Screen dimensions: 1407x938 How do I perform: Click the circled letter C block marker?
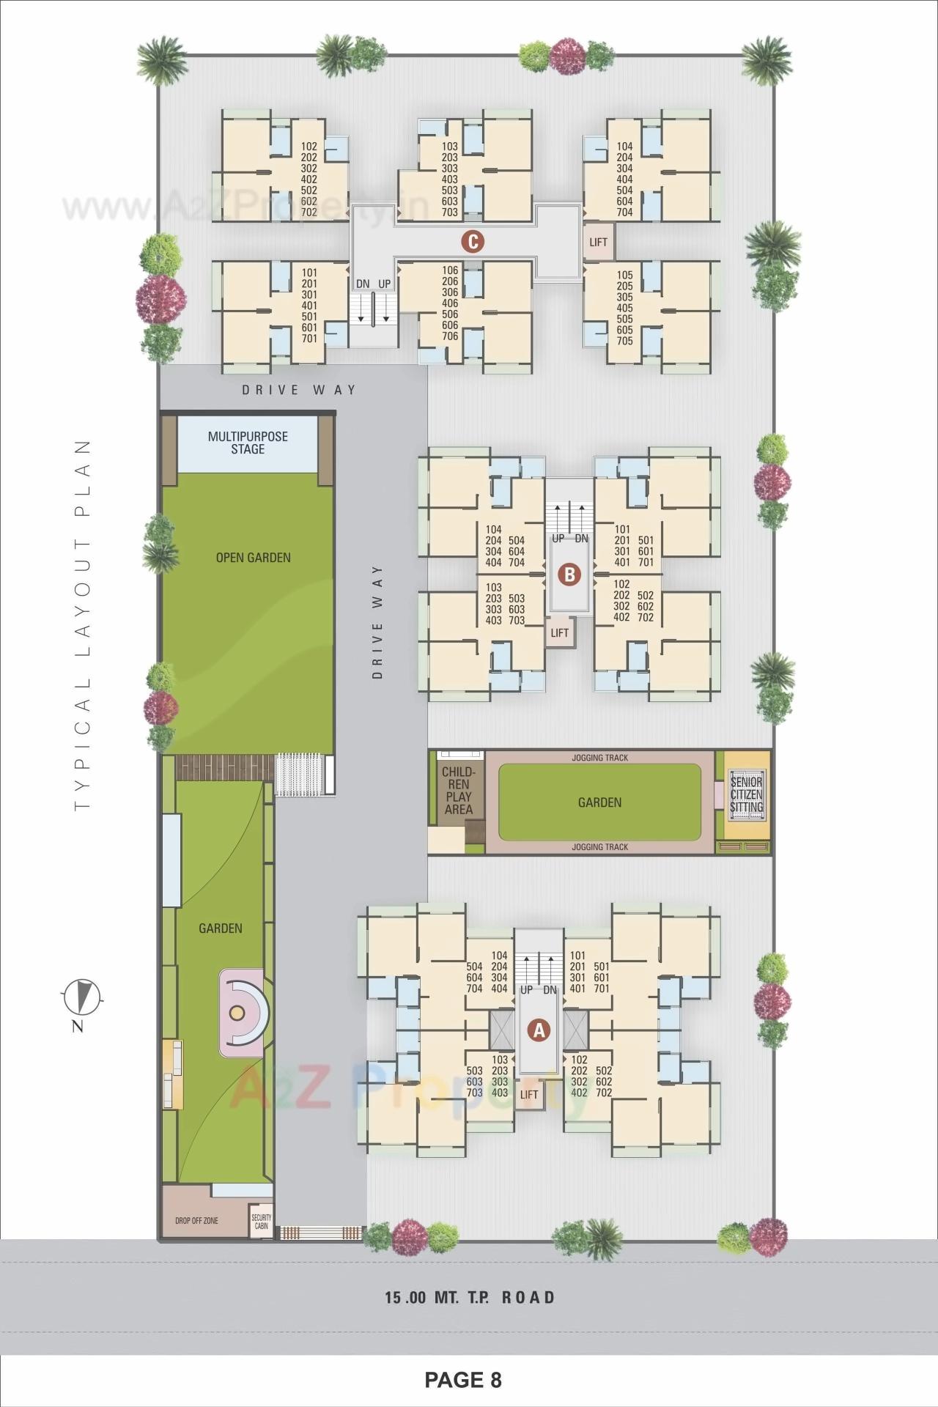point(473,241)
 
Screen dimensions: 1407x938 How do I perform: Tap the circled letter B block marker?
point(569,575)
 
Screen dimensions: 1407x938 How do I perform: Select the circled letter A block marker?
point(539,1030)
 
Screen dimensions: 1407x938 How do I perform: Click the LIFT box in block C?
point(598,242)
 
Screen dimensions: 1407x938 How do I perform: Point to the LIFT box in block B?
point(559,633)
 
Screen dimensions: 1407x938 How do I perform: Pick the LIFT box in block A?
point(528,1095)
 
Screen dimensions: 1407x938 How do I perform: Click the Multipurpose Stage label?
point(248,443)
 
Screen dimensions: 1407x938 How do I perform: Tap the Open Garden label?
point(253,558)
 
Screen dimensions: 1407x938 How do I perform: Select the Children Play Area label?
point(458,791)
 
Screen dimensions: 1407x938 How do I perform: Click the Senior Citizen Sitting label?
point(746,794)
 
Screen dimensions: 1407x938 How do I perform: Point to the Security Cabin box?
point(261,1222)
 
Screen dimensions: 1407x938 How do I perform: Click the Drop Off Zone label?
point(196,1221)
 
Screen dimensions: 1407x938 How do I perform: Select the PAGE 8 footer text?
point(463,1381)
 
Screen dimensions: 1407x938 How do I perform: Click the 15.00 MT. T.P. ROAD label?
point(470,1298)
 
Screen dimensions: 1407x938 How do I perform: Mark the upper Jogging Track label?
point(599,758)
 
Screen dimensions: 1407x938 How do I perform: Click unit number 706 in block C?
point(450,336)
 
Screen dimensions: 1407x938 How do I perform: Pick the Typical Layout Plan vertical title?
point(83,624)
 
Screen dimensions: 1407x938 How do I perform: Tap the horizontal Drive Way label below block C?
point(299,390)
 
